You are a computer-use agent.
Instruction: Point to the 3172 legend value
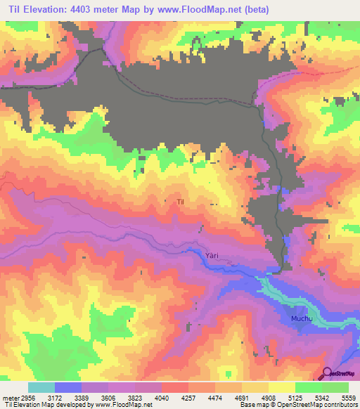click(64, 397)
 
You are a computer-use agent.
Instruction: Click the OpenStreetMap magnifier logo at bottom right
click(328, 373)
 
